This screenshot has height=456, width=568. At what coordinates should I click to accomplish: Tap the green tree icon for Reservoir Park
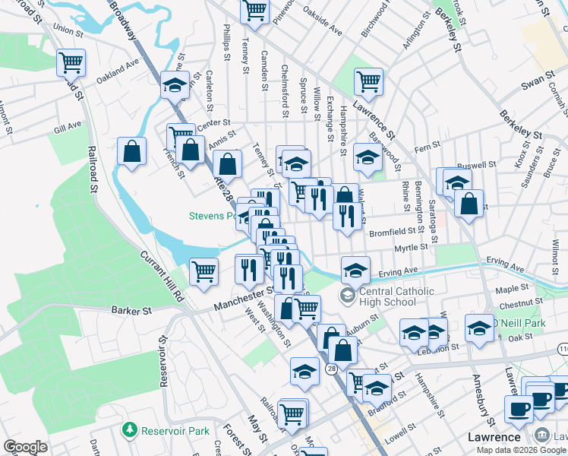[130, 431]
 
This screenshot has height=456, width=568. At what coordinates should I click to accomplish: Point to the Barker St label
[131, 310]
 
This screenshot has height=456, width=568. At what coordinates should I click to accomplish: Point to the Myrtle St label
[412, 248]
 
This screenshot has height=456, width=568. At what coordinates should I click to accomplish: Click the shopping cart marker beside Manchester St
[204, 270]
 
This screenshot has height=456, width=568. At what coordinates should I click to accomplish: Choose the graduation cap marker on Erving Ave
[355, 268]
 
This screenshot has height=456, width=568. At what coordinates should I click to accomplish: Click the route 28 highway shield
[332, 369]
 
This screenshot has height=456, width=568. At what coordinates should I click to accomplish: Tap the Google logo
[25, 447]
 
